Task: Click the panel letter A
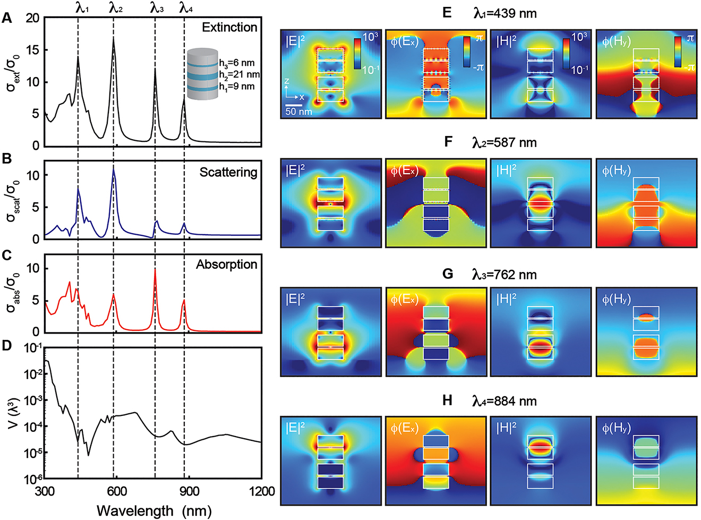pyautogui.click(x=7, y=18)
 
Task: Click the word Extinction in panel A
pyautogui.click(x=229, y=27)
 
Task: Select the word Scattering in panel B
pyautogui.click(x=228, y=172)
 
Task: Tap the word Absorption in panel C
pyautogui.click(x=226, y=264)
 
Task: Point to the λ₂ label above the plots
pyautogui.click(x=116, y=7)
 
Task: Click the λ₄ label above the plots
pyautogui.click(x=186, y=7)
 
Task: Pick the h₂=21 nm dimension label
pyautogui.click(x=239, y=74)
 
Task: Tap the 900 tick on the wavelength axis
pyautogui.click(x=190, y=491)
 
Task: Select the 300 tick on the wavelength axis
pyautogui.click(x=45, y=491)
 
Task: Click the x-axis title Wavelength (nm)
pyautogui.click(x=154, y=511)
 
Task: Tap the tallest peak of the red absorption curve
pyautogui.click(x=155, y=270)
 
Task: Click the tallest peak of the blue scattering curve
pyautogui.click(x=113, y=168)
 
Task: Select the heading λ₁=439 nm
pyautogui.click(x=505, y=13)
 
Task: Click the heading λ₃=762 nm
pyautogui.click(x=505, y=275)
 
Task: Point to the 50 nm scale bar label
pyautogui.click(x=298, y=112)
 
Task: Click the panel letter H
pyautogui.click(x=447, y=400)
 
